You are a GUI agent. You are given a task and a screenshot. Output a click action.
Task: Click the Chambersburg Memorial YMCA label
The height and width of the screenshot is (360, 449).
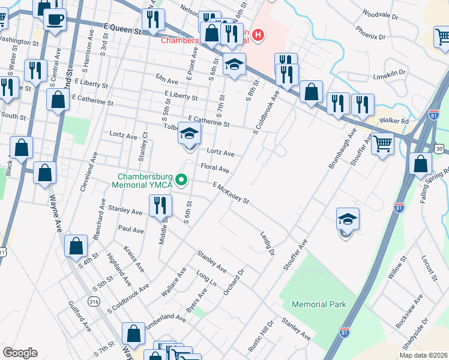click(145, 181)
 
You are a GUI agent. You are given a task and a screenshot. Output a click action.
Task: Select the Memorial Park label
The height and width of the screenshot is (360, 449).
click(319, 304)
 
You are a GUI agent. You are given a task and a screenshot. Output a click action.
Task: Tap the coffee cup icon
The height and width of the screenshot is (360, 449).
click(55, 19)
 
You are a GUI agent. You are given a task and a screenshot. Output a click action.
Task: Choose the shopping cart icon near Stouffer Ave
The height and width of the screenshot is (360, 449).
click(382, 144)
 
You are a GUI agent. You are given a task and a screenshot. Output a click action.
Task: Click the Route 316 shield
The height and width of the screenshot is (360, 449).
click(93, 301)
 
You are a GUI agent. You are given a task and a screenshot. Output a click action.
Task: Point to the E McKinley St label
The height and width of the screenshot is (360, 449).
click(230, 193)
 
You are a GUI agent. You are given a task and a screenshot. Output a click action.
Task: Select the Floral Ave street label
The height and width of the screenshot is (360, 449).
click(215, 169)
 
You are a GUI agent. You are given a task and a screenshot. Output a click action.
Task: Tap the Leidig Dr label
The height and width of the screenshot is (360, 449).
click(267, 244)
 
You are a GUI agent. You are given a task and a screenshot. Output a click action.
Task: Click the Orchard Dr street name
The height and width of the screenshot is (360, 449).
click(235, 281)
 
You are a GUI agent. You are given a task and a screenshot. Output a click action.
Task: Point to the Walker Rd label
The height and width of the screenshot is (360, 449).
click(393, 121)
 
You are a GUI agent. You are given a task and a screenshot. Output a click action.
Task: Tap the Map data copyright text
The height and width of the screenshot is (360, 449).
click(423, 355)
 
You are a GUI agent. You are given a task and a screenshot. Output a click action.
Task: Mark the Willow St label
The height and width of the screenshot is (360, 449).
click(397, 283)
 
